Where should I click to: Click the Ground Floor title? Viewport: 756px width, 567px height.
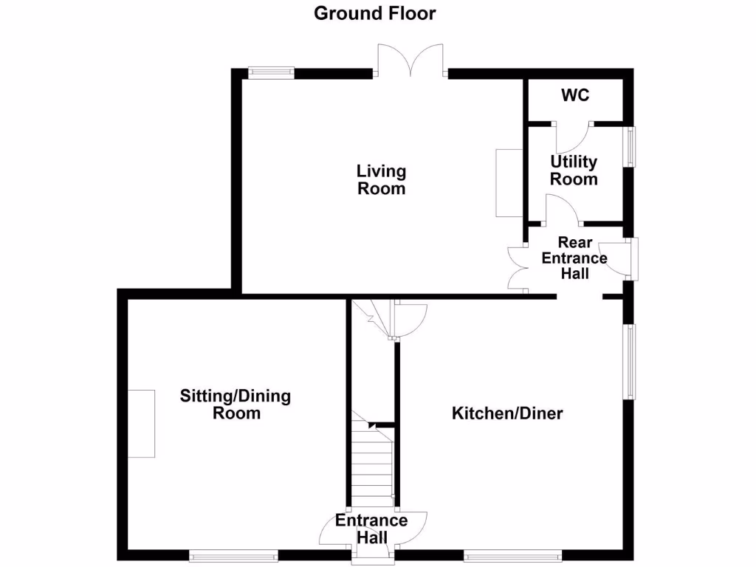coord(375,13)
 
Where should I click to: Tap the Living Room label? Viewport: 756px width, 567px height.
coord(381,180)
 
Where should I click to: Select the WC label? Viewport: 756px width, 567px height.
coord(574,96)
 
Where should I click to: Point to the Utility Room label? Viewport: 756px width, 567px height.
coord(574,171)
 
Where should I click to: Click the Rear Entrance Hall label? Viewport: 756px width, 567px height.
coord(574,258)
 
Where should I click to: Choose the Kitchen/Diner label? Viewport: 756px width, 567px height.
coord(507,413)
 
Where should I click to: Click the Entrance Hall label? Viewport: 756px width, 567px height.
coord(371,529)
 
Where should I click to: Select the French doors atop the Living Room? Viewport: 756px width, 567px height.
coord(410,61)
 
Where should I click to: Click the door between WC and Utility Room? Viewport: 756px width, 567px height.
coord(573,135)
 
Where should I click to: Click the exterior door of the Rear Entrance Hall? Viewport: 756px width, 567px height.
coord(618,259)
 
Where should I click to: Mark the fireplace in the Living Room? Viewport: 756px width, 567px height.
coord(509,182)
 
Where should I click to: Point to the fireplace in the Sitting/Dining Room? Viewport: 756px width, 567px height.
coord(141,424)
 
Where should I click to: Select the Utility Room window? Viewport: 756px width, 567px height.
coord(631,147)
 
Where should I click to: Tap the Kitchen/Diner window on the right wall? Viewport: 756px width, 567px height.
coord(630,362)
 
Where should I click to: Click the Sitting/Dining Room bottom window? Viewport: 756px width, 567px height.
coord(233,555)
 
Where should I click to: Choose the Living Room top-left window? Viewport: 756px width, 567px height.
coord(271,72)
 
